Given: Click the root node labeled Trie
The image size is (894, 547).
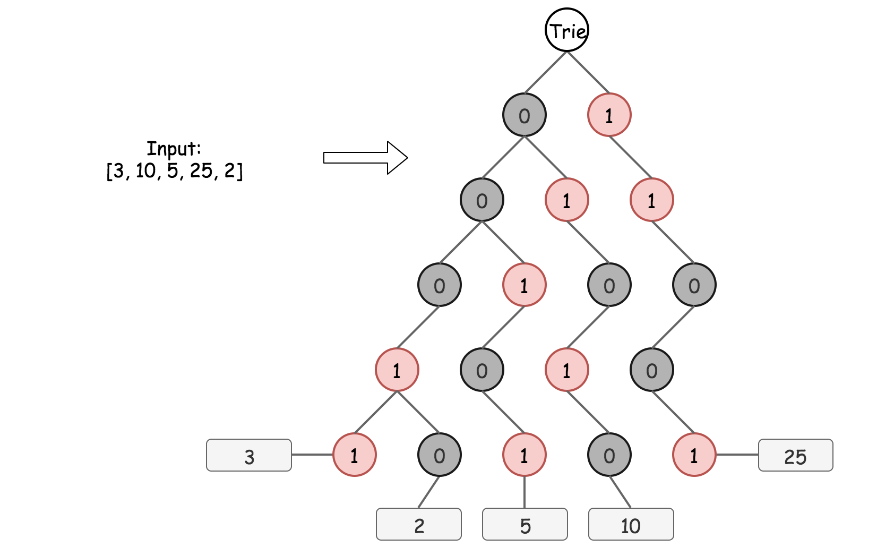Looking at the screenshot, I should pos(567,30).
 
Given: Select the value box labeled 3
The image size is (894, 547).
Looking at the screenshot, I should pos(249,455).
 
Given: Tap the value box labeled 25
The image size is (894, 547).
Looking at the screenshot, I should pos(795,455).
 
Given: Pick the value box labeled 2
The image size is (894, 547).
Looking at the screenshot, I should pos(419,524).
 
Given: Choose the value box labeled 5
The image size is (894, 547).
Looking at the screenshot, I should pos(525,524).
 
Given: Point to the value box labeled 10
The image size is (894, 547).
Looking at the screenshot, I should pos(631,524).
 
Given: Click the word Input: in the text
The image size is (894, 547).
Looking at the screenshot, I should pos(174,148).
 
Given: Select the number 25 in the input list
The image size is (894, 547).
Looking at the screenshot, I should pos(201,170).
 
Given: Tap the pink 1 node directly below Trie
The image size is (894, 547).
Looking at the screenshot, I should pos(609,115).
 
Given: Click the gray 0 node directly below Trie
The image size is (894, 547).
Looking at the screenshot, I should pos(525,115).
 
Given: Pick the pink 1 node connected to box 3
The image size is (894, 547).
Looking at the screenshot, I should pos(355,455).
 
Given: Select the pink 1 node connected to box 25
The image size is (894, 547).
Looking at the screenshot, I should pos(694,455).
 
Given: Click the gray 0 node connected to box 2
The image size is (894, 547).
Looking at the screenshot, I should pos(440,455).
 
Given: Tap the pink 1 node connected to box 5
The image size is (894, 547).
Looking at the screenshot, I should pos(525,455).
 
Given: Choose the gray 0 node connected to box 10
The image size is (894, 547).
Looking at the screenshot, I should pos(609,455).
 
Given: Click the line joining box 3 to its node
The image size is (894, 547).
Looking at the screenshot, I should pos(312,455).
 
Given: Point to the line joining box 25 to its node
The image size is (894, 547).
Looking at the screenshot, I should pos(737,455).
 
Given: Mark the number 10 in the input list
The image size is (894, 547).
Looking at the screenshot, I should pos(145,170).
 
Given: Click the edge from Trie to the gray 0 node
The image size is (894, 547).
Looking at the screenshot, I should pos(546,72).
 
